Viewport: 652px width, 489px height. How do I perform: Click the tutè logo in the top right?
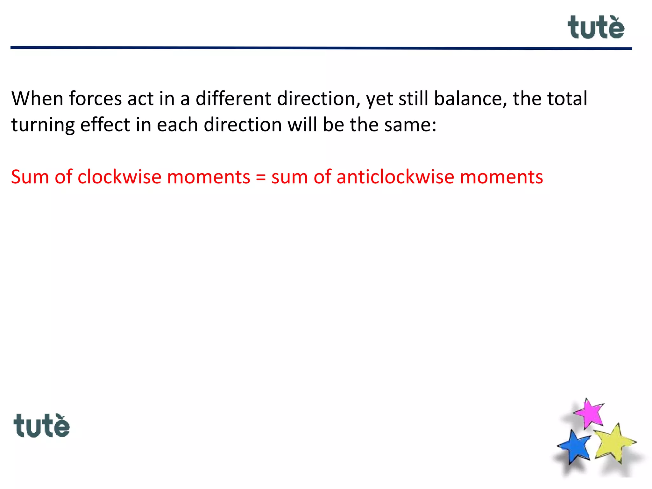point(596,28)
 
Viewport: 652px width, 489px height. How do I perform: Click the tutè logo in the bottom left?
point(42,426)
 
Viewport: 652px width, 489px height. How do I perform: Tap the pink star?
point(590,413)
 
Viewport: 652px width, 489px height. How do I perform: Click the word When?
point(37,98)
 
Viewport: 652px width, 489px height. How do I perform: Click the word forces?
point(95,98)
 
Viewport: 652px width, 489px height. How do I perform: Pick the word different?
point(234,98)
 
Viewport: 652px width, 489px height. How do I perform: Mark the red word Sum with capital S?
point(30,177)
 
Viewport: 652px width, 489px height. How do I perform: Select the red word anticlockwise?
point(395,177)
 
